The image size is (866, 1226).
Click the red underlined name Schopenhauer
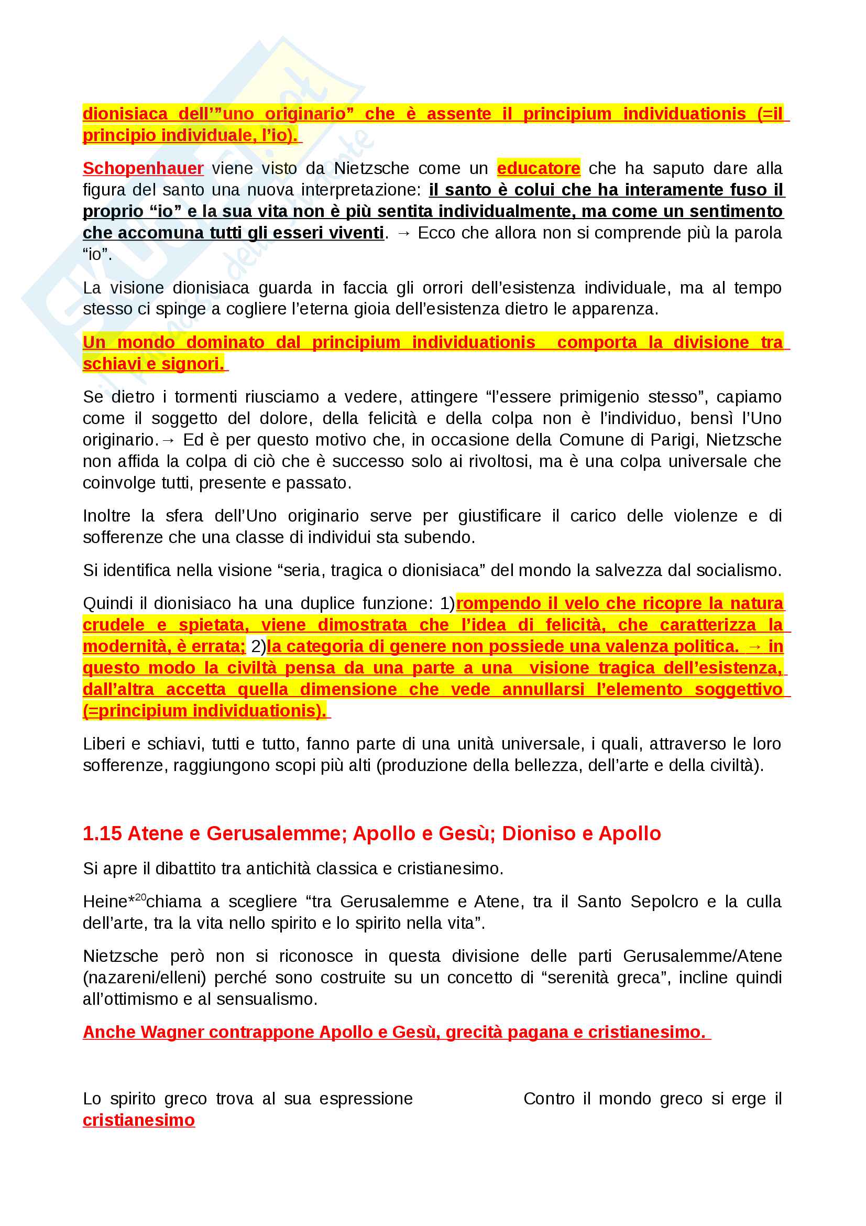click(143, 168)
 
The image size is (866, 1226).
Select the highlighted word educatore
click(538, 168)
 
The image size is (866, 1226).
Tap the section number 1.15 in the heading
click(102, 833)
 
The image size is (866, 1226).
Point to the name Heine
click(105, 902)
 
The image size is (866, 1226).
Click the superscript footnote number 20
click(140, 897)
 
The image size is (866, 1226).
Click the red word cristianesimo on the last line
click(139, 1120)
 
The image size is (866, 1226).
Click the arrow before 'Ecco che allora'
click(403, 233)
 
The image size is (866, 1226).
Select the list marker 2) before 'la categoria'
click(258, 647)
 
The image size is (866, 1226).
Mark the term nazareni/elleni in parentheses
click(144, 977)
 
